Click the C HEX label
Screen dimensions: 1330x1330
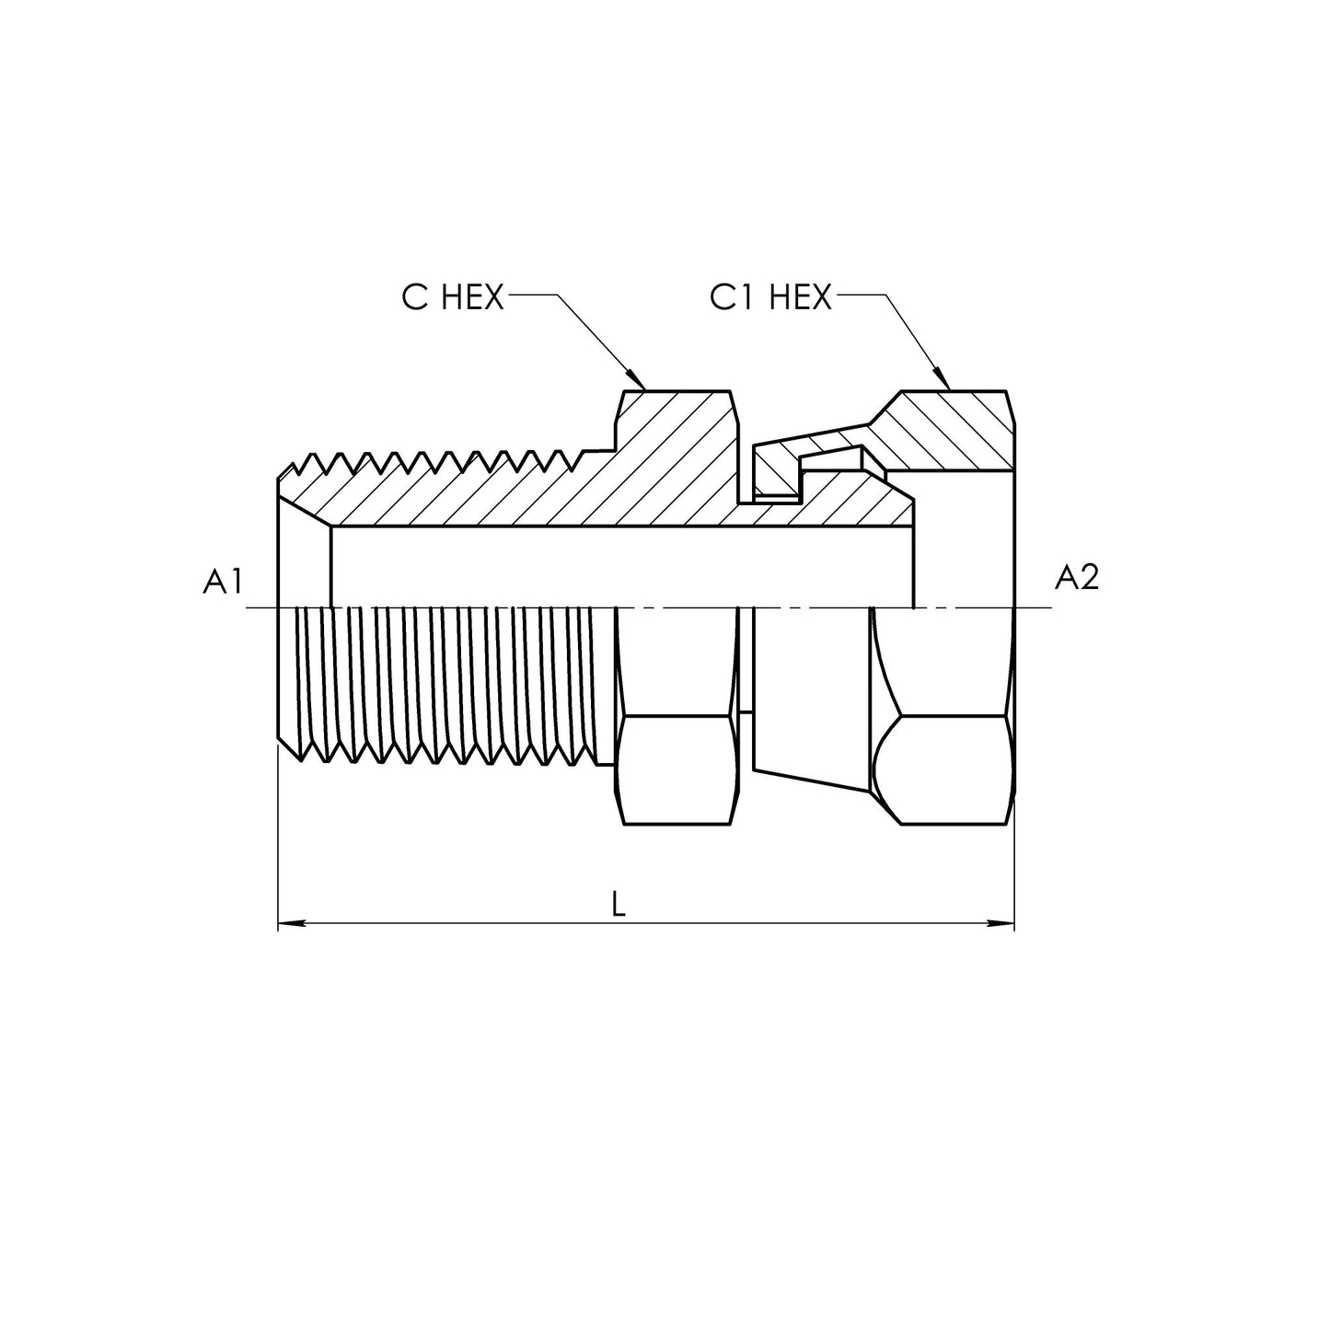[x=453, y=297]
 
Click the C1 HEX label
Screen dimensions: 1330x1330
[x=770, y=297]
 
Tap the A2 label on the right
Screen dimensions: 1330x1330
[x=1076, y=577]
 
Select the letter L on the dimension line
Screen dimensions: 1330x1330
[x=619, y=905]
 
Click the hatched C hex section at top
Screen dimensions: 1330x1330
[x=677, y=423]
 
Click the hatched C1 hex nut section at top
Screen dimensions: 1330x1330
[x=948, y=428]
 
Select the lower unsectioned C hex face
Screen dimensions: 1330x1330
[x=677, y=769]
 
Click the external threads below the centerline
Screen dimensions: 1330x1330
[x=442, y=686]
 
